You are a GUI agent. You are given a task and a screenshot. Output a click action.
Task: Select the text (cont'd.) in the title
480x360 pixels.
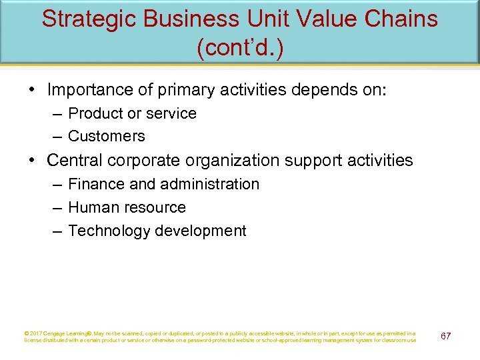[x=239, y=49]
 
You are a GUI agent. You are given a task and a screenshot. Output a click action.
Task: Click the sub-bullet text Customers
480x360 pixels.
[x=106, y=136]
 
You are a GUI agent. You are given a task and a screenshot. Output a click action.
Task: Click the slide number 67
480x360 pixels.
[x=445, y=335]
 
